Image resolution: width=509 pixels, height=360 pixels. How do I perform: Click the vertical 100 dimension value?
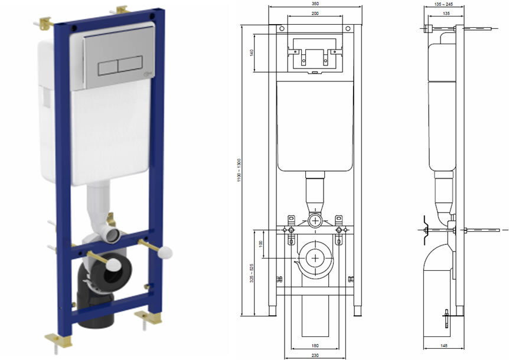[x=261, y=244]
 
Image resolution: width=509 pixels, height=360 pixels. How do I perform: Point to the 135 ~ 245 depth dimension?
[x=443, y=4]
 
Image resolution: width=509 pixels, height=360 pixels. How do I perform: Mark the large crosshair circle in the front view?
[x=317, y=257]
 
